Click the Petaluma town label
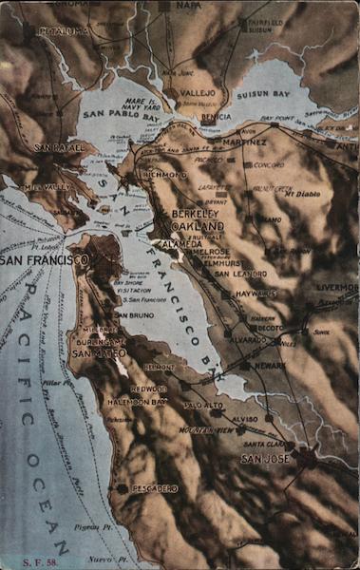click(65, 31)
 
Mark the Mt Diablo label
click(303, 193)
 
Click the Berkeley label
click(198, 215)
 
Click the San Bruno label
click(134, 314)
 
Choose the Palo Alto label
click(203, 405)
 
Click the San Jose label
click(265, 459)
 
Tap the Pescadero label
click(154, 488)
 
